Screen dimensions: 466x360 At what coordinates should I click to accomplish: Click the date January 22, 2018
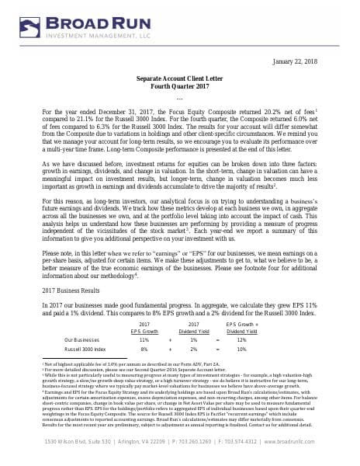click(314, 61)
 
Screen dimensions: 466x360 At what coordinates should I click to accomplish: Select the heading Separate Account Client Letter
click(179, 79)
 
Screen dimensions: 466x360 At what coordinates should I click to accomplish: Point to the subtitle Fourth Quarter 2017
click(179, 87)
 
